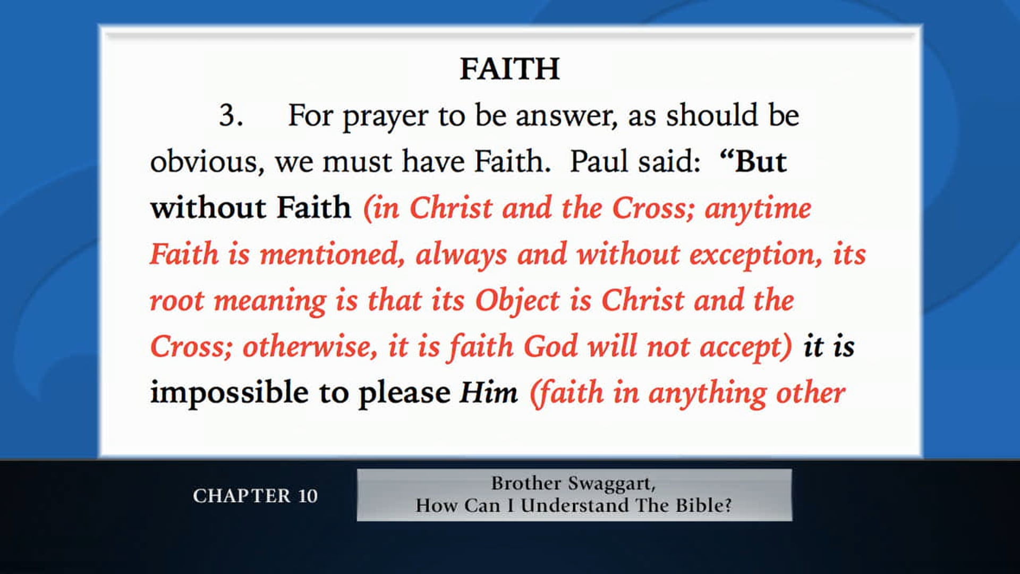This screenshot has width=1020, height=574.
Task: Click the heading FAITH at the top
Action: tap(509, 69)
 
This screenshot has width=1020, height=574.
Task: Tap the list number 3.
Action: tap(231, 115)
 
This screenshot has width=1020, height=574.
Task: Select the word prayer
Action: tap(385, 116)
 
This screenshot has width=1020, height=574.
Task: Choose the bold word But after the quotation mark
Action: tap(761, 162)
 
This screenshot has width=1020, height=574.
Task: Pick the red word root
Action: tap(176, 301)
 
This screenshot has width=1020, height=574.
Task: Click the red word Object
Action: tap(517, 301)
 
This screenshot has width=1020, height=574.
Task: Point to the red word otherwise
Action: tap(310, 347)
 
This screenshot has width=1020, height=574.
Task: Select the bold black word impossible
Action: tap(229, 393)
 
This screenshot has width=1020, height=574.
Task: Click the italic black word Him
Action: tap(488, 393)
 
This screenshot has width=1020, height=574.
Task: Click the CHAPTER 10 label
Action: tap(255, 496)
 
